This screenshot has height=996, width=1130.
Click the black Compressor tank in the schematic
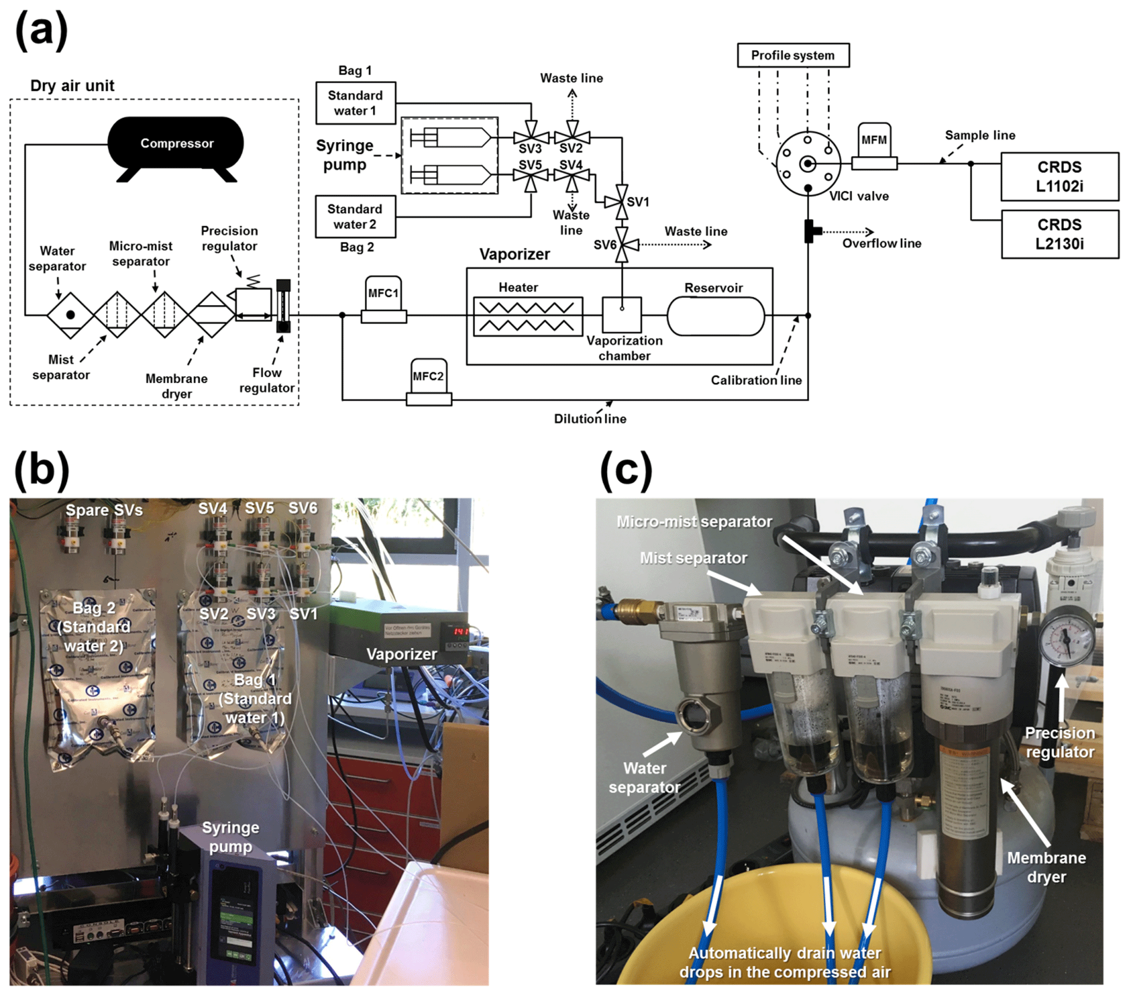[x=176, y=144]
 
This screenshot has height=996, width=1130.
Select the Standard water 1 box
[x=355, y=103]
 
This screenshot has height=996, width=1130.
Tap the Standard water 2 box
[x=355, y=216]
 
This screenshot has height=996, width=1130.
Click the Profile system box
[x=793, y=55]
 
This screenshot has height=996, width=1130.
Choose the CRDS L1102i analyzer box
[x=1059, y=177]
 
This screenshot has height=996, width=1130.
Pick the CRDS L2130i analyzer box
[x=1059, y=235]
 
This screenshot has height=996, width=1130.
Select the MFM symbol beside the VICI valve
[x=874, y=147]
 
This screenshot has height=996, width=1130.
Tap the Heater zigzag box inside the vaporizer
[x=528, y=317]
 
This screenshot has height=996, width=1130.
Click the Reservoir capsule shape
[x=716, y=316]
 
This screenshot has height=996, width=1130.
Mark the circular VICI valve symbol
[x=807, y=163]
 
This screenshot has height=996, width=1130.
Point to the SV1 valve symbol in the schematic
[x=622, y=202]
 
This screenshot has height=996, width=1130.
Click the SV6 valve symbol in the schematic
[x=622, y=244]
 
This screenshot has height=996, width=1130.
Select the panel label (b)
[x=42, y=470]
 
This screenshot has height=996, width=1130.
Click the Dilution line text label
[x=590, y=419]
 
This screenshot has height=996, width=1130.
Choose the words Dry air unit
[x=72, y=86]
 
